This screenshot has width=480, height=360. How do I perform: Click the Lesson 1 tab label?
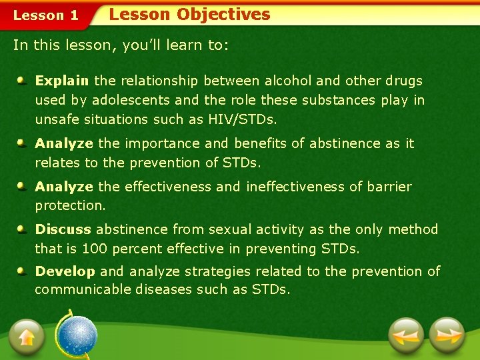click(46, 15)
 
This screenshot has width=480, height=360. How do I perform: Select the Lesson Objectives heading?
click(189, 15)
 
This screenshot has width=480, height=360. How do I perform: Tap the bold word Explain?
click(62, 81)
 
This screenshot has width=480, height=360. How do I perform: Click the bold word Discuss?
click(63, 229)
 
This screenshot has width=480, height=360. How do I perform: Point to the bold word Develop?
click(65, 271)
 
